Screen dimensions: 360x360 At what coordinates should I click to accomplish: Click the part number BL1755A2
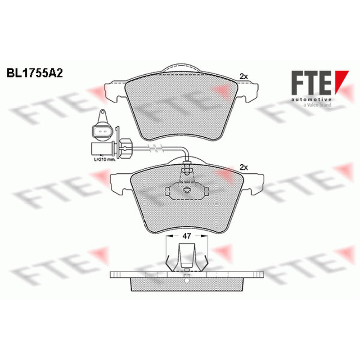click(35, 73)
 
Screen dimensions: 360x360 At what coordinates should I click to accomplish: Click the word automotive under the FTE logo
click(311, 99)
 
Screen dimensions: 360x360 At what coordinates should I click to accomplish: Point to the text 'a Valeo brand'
click(317, 105)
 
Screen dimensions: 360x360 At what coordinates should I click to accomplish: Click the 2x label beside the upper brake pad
click(243, 76)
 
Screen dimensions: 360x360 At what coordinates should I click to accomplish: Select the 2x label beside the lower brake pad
click(243, 167)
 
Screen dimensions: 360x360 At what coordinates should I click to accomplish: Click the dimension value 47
click(186, 236)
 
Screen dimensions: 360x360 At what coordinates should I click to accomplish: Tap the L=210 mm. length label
click(105, 159)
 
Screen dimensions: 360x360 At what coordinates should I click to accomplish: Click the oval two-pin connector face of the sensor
click(103, 132)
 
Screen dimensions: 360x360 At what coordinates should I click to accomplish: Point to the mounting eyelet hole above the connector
click(103, 112)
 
